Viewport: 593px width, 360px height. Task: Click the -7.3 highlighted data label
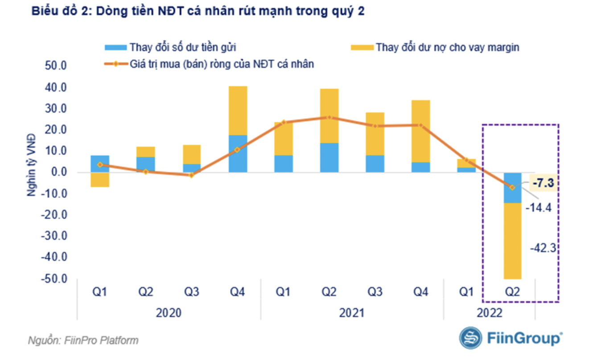pos(543,183)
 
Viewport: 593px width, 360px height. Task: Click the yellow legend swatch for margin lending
pos(362,47)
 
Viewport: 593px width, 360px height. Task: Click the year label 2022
pos(489,313)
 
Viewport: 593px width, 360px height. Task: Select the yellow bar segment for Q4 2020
pos(238,110)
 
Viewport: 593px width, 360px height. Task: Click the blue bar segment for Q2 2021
pos(329,157)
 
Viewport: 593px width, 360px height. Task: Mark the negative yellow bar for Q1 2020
pos(100,180)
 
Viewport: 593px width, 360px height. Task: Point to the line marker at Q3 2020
pos(191,175)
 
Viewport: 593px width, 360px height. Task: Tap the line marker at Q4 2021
pos(420,125)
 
